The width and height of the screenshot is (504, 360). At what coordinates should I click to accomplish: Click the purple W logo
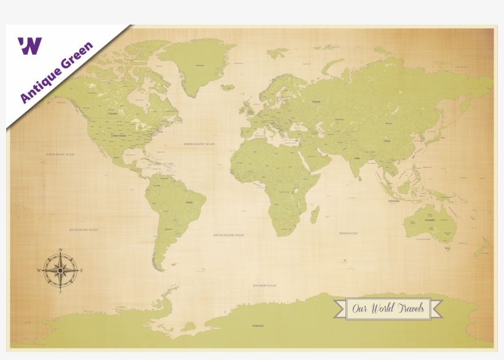(x=30, y=45)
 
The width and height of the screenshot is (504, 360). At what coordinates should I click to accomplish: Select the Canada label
(x=112, y=114)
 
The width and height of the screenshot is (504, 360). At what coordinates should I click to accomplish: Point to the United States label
(x=119, y=135)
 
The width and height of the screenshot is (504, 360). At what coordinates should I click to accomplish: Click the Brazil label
(x=189, y=202)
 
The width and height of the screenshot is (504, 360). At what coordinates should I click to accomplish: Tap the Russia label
(x=317, y=101)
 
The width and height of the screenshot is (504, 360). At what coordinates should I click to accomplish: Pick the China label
(x=387, y=141)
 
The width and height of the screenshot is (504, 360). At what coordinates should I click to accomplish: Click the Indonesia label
(x=393, y=201)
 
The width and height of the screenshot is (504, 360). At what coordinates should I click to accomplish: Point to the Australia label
(x=430, y=219)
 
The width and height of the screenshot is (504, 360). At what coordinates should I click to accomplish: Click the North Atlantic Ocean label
(x=199, y=144)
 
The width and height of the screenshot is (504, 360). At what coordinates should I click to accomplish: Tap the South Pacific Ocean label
(x=84, y=229)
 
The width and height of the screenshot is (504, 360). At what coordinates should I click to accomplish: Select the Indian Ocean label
(x=348, y=233)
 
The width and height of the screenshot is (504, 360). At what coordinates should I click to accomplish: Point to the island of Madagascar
(x=314, y=215)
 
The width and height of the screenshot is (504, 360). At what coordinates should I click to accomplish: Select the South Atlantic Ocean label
(x=229, y=235)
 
